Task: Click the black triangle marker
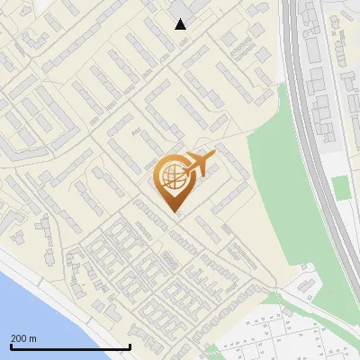point(181,24)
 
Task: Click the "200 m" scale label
point(23,338)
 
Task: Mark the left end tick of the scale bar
point(11,346)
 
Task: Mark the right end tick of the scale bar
point(130,346)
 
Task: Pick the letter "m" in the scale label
point(32,338)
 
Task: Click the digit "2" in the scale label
point(13,338)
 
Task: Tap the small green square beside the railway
point(339,187)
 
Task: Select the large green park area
point(283,180)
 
